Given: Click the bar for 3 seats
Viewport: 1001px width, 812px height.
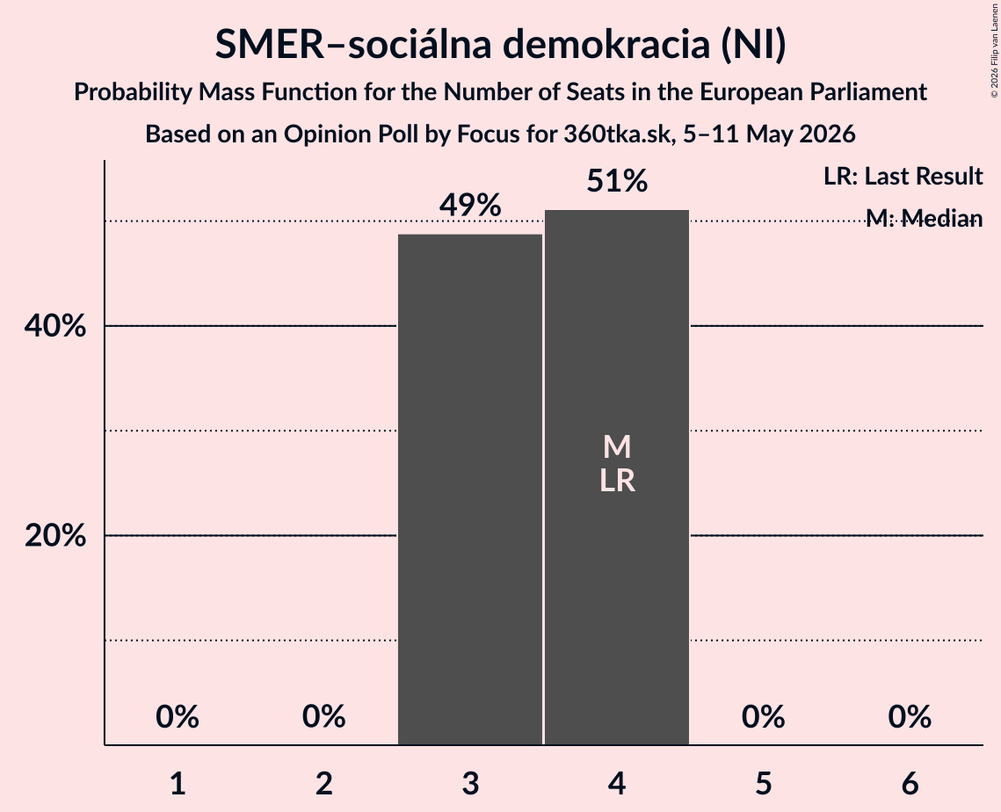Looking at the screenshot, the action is [x=470, y=489].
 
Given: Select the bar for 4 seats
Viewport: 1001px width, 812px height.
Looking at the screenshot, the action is [x=617, y=477].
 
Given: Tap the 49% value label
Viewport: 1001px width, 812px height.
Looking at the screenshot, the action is [x=470, y=205].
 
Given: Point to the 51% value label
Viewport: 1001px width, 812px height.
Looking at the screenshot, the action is [x=617, y=181].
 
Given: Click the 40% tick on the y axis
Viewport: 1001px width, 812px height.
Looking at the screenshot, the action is [x=54, y=326].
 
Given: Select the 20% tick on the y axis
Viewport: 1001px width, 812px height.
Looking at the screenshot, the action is [x=54, y=535].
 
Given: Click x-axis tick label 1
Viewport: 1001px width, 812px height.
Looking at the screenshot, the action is [x=178, y=783].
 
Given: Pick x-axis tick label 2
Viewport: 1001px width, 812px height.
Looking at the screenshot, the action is [x=323, y=783].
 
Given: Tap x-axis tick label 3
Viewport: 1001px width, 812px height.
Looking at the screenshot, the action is [x=470, y=783].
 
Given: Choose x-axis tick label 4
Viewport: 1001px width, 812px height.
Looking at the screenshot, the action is [x=617, y=783].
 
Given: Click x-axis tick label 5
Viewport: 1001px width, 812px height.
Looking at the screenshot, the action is [x=764, y=783].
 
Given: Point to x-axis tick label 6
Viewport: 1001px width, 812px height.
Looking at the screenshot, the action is [x=910, y=783].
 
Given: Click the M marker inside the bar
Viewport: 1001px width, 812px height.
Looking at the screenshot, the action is [x=617, y=446].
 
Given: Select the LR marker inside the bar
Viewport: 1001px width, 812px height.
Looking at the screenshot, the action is [x=617, y=481].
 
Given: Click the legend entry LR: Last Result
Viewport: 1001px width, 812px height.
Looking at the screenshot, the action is [x=903, y=176].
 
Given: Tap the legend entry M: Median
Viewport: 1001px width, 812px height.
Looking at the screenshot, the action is [x=924, y=218].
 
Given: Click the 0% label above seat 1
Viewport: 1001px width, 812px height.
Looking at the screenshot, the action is [x=178, y=716].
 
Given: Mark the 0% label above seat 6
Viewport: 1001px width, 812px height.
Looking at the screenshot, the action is [x=910, y=716].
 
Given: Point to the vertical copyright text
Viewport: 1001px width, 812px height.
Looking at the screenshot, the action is [x=994, y=50].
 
